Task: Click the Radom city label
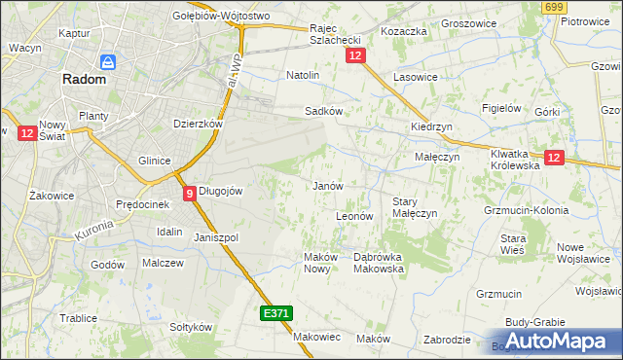[84, 81]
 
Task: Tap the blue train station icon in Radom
[108, 62]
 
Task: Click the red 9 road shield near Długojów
[189, 193]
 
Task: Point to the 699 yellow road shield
[555, 8]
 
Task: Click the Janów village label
[326, 185]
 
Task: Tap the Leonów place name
[354, 216]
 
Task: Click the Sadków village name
[323, 111]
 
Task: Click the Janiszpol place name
[216, 237]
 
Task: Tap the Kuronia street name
[92, 230]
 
